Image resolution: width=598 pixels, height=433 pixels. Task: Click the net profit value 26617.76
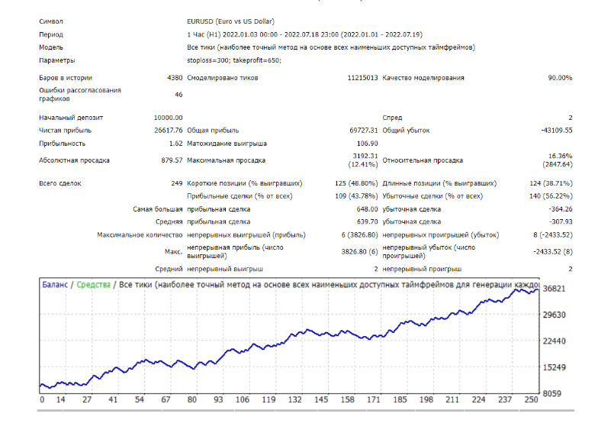[x=168, y=131]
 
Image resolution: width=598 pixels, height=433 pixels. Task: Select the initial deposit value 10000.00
[x=168, y=118]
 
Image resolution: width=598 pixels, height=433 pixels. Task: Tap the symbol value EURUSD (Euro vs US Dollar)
[x=230, y=21]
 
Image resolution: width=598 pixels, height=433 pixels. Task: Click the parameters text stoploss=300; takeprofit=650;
[x=234, y=60]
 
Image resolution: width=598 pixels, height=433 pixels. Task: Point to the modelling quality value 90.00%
[x=560, y=78]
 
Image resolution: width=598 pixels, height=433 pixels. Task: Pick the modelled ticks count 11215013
[x=362, y=78]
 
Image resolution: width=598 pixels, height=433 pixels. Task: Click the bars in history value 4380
[x=175, y=78]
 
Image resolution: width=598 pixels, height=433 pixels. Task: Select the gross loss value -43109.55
[x=557, y=131]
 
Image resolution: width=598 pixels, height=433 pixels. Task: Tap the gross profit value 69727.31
[x=363, y=131]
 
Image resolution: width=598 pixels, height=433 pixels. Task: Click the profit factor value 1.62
[x=175, y=144]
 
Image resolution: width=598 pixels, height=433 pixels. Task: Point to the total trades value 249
[x=177, y=183]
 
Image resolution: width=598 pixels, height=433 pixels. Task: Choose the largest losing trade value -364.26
[x=561, y=209]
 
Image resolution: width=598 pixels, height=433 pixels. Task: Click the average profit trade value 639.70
[x=368, y=221]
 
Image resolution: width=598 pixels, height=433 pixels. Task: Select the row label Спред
[x=392, y=118]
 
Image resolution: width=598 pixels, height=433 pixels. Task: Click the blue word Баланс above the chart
[x=55, y=285]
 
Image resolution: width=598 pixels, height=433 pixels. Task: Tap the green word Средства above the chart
[x=93, y=285]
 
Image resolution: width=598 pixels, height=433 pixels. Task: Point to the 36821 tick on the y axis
[x=554, y=289]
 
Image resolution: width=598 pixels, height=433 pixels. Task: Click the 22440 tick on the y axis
[x=554, y=341]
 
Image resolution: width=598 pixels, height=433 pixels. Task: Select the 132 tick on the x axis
[x=294, y=400]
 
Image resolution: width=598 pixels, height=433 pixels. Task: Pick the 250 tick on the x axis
[x=531, y=400]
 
